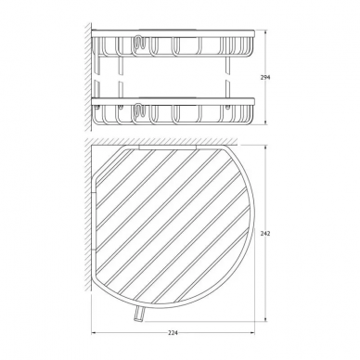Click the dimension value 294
265,77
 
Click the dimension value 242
265,234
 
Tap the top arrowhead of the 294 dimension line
265,32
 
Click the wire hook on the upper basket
139,43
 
